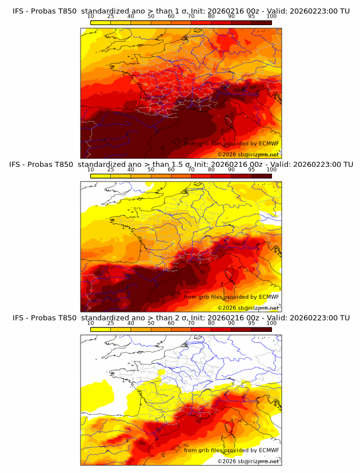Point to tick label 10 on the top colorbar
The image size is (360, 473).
(x=91, y=16)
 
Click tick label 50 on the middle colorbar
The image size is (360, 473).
(x=151, y=170)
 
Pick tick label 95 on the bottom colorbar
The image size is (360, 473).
(x=251, y=323)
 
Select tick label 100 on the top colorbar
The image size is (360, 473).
(x=271, y=16)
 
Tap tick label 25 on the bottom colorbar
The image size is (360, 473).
(x=111, y=323)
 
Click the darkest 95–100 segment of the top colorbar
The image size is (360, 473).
(x=261, y=22)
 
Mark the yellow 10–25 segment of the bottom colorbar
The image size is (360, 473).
(x=101, y=329)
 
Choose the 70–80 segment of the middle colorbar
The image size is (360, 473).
(x=201, y=175)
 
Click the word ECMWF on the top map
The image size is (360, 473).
(x=269, y=144)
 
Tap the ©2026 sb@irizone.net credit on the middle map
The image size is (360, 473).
(x=249, y=307)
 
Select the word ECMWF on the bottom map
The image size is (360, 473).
(x=269, y=450)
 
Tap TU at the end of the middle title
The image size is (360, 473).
(x=346, y=165)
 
